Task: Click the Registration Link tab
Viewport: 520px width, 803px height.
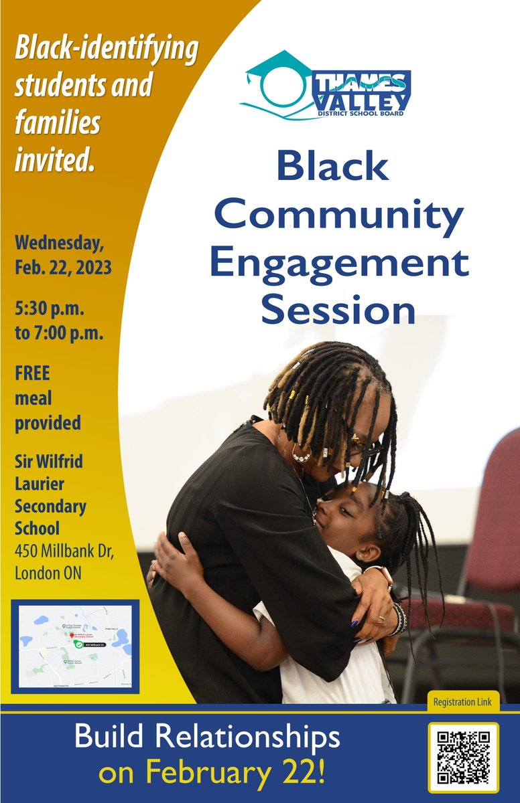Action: (x=462, y=702)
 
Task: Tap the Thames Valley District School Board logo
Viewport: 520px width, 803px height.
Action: (x=326, y=86)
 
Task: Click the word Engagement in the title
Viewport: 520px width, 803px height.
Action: (x=338, y=263)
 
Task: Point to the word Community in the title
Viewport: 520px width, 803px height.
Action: (x=338, y=215)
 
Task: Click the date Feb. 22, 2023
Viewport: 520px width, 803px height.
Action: (x=63, y=268)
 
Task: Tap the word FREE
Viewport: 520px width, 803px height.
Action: (x=32, y=373)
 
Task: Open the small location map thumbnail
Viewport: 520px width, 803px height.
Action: (x=75, y=646)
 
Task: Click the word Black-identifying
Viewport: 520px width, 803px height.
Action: (x=107, y=50)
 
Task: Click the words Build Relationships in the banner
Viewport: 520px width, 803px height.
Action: (x=207, y=738)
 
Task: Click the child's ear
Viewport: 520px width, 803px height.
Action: (x=368, y=552)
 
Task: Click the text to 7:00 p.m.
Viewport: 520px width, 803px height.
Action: (x=59, y=333)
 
